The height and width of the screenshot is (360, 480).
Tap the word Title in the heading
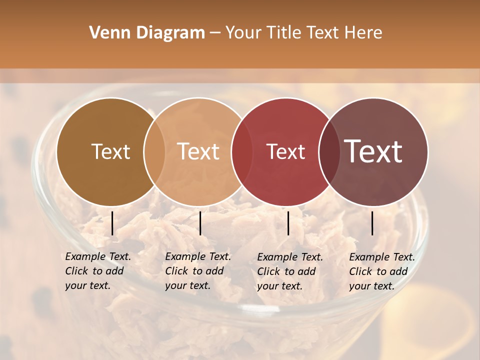point(283,33)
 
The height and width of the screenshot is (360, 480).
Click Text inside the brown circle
point(110,151)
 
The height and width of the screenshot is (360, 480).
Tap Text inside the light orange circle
point(198,151)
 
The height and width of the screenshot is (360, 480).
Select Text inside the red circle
point(285,151)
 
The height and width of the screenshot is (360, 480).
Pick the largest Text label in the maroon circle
point(373,151)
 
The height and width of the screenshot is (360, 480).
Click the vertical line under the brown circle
point(112,223)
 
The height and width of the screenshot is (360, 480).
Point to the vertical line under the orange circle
point(200,223)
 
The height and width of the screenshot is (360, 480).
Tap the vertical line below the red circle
point(288,223)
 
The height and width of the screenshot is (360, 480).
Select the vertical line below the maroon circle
point(372,223)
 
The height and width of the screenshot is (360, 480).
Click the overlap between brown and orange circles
point(154,151)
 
